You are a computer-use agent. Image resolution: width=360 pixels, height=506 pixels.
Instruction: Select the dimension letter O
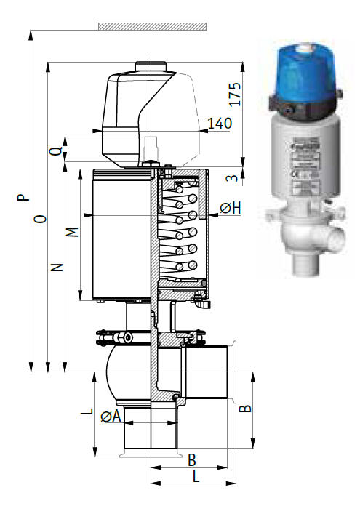pyautogui.click(x=41, y=218)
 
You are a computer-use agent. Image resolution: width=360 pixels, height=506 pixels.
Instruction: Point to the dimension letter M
pyautogui.click(x=71, y=233)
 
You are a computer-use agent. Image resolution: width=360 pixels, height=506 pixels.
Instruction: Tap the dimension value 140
pyautogui.click(x=219, y=123)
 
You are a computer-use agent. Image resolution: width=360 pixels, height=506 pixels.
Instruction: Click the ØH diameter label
pyautogui.click(x=231, y=209)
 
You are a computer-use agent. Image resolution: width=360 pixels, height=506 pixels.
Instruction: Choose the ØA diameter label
pyautogui.click(x=111, y=417)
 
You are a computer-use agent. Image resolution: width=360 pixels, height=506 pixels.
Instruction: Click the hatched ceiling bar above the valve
pyautogui.click(x=152, y=26)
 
